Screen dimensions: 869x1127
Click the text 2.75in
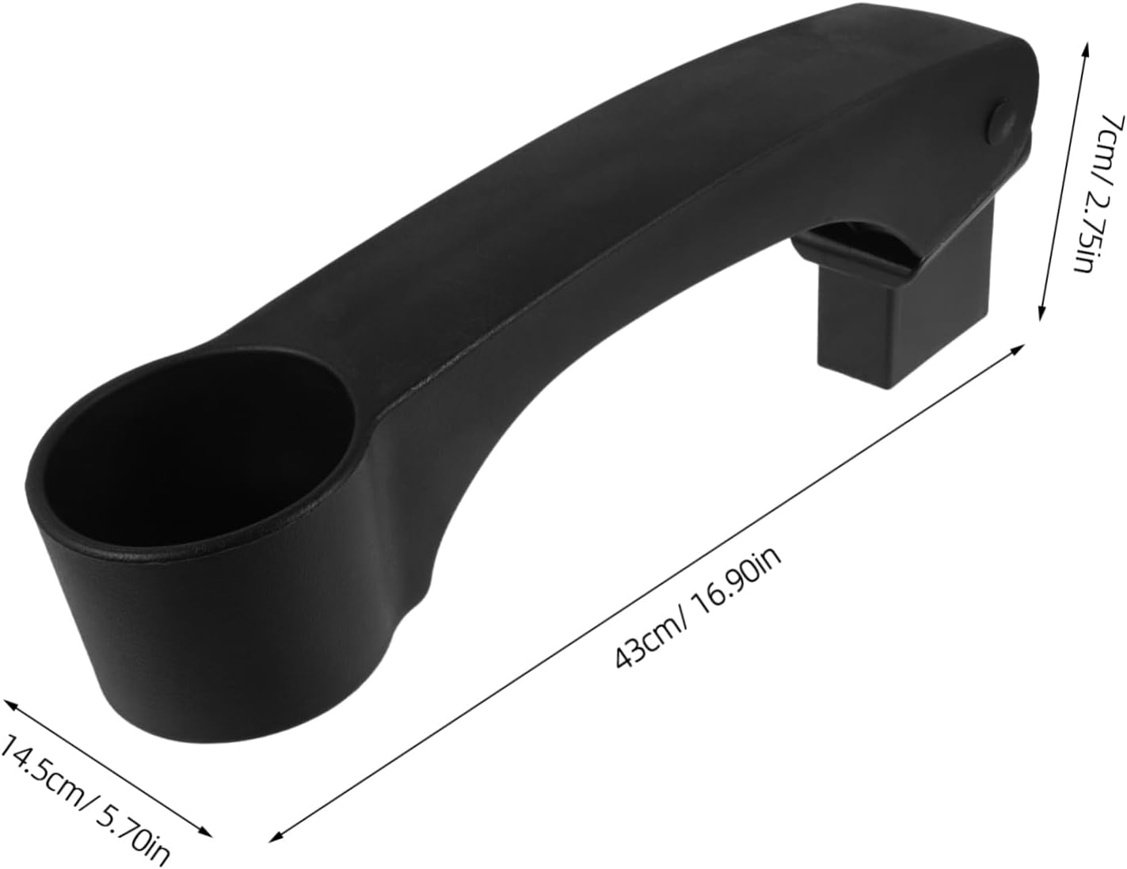click(x=1086, y=230)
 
